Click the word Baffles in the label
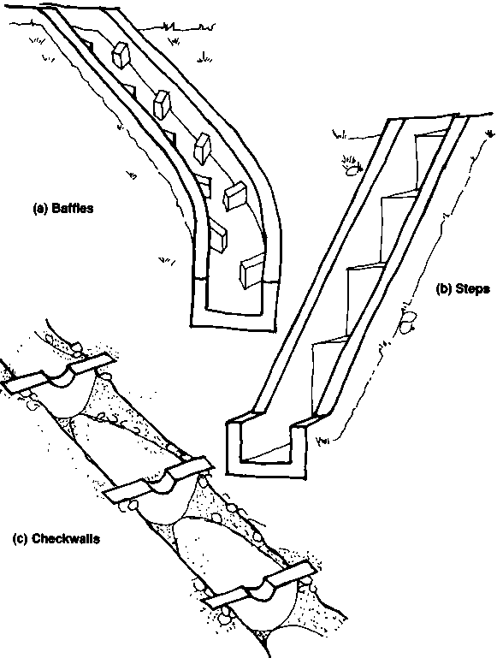point(72,208)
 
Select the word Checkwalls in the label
point(66,538)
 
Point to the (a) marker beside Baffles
point(41,208)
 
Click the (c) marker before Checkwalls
point(21,538)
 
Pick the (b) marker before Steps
point(445,288)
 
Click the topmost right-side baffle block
point(121,55)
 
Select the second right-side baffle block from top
point(162,104)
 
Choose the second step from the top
point(399,219)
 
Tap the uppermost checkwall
point(59,373)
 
